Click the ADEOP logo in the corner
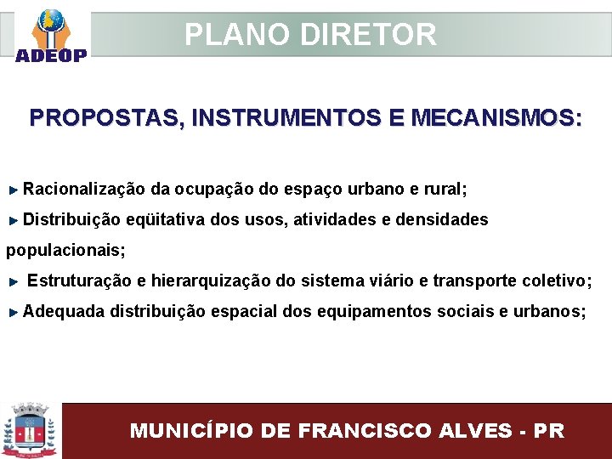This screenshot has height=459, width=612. click(x=50, y=36)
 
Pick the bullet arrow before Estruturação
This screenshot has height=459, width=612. click(x=14, y=280)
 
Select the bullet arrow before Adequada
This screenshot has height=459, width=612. click(x=14, y=312)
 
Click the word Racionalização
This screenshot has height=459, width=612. click(x=84, y=188)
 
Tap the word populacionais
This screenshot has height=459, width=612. click(x=65, y=250)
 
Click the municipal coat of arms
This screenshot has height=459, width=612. click(x=31, y=430)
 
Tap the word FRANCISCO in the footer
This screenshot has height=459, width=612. click(x=356, y=430)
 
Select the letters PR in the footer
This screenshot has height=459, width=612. click(x=548, y=430)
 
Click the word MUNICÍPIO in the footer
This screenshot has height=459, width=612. click(x=191, y=430)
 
